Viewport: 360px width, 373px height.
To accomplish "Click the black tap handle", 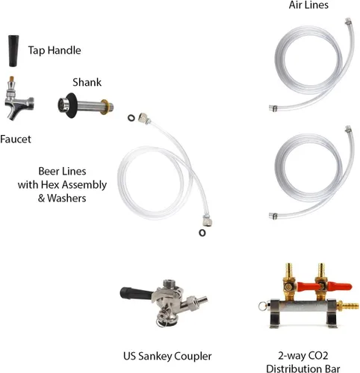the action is click(x=13, y=51).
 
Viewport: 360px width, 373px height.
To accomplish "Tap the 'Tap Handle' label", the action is click(x=55, y=50).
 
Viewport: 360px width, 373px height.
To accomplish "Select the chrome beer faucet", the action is click(x=19, y=99).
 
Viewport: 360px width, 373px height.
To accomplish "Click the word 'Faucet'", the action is click(x=16, y=139).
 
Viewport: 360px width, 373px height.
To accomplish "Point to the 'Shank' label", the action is click(x=87, y=82).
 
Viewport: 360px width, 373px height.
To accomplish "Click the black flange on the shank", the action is click(x=72, y=105).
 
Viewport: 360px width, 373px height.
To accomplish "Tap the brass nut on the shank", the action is click(x=105, y=107).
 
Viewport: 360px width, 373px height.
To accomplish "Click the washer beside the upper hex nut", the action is click(x=131, y=118).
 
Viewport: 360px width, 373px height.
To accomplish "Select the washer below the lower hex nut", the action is click(x=202, y=233).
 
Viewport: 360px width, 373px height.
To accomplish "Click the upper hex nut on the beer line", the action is click(x=144, y=119).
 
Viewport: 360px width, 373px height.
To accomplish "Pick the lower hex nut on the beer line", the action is click(x=207, y=220).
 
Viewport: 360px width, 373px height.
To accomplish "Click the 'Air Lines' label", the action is click(x=308, y=5).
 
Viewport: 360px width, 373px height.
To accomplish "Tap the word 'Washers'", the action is click(x=66, y=198).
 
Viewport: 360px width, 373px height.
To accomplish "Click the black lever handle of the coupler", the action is click(x=136, y=293).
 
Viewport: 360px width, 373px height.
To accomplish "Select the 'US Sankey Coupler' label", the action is click(x=167, y=356).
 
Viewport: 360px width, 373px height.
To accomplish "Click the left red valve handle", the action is click(x=307, y=286).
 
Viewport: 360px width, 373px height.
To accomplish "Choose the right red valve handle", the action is click(x=339, y=286).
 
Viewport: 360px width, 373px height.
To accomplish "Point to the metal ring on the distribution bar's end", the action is click(x=262, y=306).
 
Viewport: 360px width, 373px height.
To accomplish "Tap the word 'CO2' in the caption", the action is click(x=318, y=356).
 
